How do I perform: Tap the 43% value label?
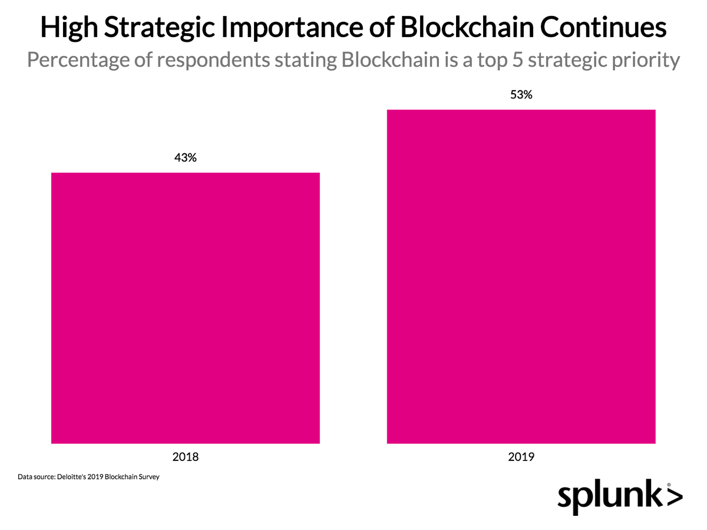coord(185,158)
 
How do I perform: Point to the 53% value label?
coord(521,94)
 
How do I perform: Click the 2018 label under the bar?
coord(186,456)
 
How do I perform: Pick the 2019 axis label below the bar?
coord(521,456)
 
